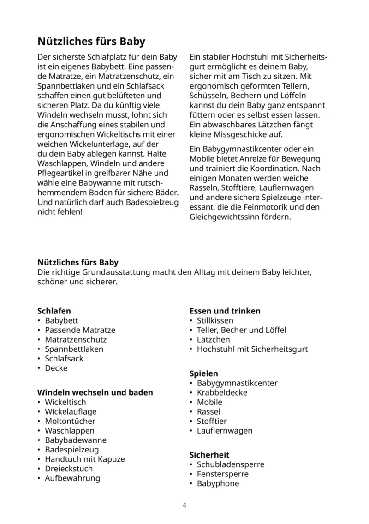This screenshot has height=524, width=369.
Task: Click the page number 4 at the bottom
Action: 184,505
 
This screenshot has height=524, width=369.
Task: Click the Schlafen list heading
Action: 54,311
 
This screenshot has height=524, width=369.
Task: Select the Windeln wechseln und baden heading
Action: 95,392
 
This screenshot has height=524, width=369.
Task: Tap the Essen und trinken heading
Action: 225,311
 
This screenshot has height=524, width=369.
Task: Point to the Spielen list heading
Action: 204,373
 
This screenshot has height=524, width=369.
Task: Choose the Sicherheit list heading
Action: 209,455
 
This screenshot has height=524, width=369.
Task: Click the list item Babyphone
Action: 218,483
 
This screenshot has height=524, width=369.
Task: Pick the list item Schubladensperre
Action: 231,464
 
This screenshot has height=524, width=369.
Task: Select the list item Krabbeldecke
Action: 222,392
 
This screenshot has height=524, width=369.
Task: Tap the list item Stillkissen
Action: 215,320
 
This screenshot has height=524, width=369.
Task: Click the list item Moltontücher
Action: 70,421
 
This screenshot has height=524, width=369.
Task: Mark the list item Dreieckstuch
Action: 69,469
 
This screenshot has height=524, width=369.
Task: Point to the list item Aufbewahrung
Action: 72,478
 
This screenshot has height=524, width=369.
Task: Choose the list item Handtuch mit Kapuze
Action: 85,459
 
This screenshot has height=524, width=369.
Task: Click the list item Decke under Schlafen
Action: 56,368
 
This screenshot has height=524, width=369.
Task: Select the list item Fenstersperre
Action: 222,474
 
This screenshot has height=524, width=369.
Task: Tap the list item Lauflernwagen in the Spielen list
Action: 225,431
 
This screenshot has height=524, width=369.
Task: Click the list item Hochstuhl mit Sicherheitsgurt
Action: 252,349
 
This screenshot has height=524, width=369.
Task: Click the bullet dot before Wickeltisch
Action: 39,402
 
